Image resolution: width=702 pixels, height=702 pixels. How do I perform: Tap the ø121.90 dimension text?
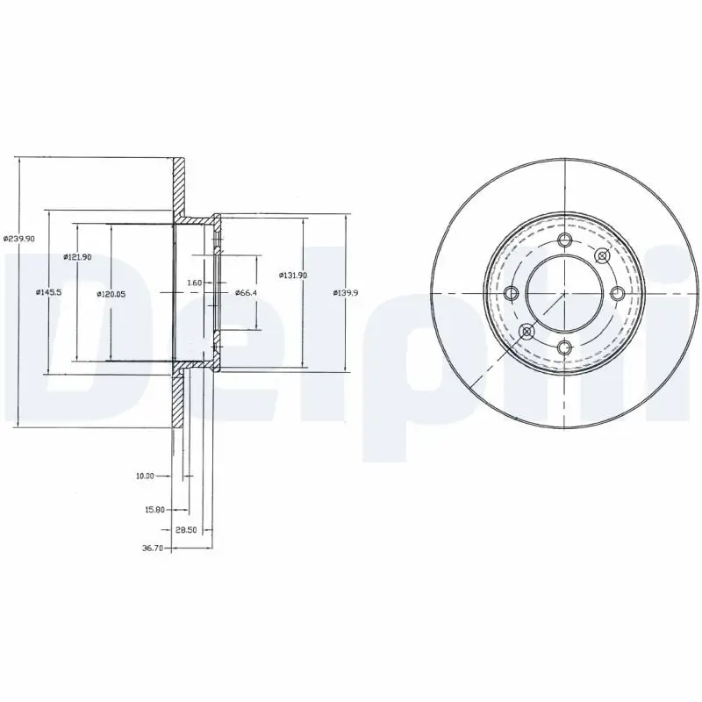77,256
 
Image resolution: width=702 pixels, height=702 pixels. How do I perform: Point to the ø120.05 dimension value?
111,294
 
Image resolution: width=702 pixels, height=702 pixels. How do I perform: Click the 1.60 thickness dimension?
195,283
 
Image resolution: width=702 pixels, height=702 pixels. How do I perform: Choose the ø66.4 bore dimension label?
245,292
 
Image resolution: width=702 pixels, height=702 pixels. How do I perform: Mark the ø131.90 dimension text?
293,275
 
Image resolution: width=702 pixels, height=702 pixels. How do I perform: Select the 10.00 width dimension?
145,476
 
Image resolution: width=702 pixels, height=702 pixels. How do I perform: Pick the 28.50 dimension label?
185,530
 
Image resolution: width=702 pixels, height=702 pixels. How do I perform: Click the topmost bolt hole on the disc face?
564,241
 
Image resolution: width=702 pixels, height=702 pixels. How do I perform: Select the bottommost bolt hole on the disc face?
564,347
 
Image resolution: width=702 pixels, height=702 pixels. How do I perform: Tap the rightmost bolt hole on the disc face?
617,293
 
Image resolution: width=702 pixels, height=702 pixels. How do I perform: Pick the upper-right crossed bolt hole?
602,255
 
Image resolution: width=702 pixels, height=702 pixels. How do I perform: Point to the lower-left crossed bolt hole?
526,331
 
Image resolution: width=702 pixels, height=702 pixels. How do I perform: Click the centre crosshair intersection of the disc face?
564,293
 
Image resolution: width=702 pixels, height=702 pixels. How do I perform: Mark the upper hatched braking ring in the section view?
179,188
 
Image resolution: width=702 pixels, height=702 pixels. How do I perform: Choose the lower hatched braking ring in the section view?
179,400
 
